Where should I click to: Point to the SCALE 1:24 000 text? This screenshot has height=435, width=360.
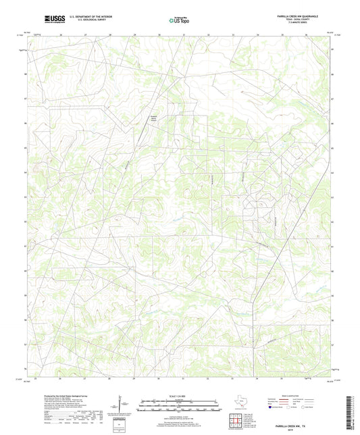pos(179,396)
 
